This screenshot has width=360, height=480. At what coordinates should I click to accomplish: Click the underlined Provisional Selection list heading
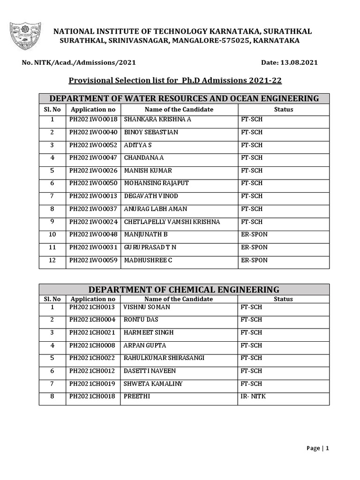click(x=175, y=80)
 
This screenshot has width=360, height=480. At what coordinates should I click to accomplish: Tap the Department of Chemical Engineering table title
click(x=184, y=289)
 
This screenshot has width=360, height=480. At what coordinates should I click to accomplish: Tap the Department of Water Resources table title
click(x=184, y=98)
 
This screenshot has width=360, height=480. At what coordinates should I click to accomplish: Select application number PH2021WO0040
click(x=93, y=132)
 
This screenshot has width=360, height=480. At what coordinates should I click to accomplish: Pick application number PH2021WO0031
click(x=93, y=247)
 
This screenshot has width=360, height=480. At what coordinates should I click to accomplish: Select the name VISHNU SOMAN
click(x=147, y=307)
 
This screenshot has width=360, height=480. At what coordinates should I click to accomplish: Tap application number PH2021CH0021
click(x=92, y=332)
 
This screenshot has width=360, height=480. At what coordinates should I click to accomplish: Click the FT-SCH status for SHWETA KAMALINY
click(x=251, y=384)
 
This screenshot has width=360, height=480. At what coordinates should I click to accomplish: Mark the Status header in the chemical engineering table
click(x=283, y=299)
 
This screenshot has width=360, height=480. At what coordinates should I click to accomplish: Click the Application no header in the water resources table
click(x=93, y=109)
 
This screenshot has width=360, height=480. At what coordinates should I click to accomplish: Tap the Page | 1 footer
click(x=318, y=448)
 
